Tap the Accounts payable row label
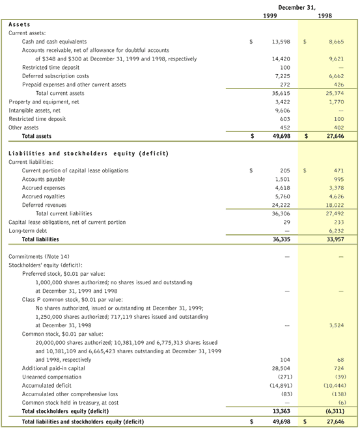coord(44,179)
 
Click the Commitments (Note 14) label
coord(36,257)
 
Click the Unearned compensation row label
coord(53,377)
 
